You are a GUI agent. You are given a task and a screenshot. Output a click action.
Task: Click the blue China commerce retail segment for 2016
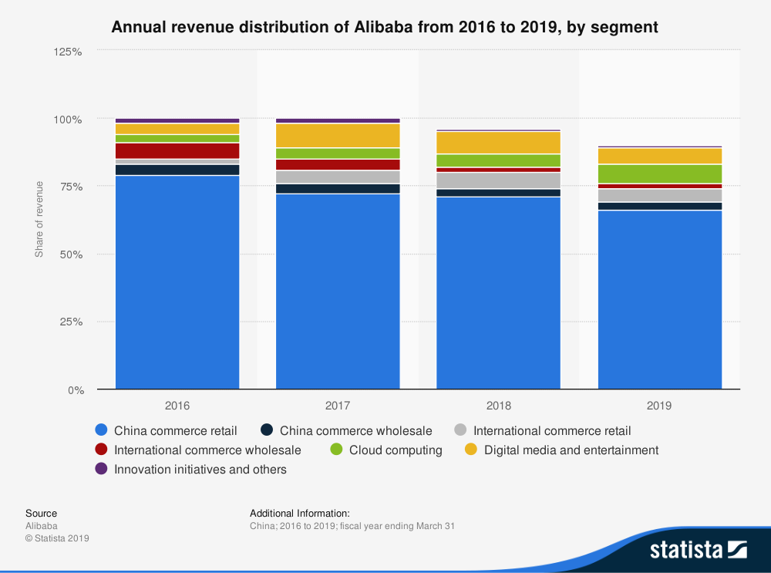[177, 282]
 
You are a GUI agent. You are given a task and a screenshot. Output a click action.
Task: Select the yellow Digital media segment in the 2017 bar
[338, 136]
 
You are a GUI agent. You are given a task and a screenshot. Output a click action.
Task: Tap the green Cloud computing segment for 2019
[660, 174]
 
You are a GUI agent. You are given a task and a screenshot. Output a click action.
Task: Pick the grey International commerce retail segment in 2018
[498, 180]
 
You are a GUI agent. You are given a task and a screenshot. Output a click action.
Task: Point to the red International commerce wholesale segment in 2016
[177, 150]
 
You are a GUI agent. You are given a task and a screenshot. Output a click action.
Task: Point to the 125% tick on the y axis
[68, 52]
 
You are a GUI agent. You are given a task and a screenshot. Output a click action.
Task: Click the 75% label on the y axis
[70, 187]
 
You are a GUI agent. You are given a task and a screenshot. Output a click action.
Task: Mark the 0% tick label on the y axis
[74, 389]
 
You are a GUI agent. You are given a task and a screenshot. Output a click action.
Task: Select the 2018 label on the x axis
[498, 405]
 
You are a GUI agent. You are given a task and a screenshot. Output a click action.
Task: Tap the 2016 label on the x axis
[177, 405]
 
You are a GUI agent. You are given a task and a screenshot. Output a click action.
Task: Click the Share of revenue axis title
[39, 220]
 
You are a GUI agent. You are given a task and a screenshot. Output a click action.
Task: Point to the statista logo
[698, 549]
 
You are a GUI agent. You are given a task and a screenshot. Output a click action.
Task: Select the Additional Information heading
[300, 513]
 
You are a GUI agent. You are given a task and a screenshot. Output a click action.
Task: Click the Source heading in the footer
[41, 513]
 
